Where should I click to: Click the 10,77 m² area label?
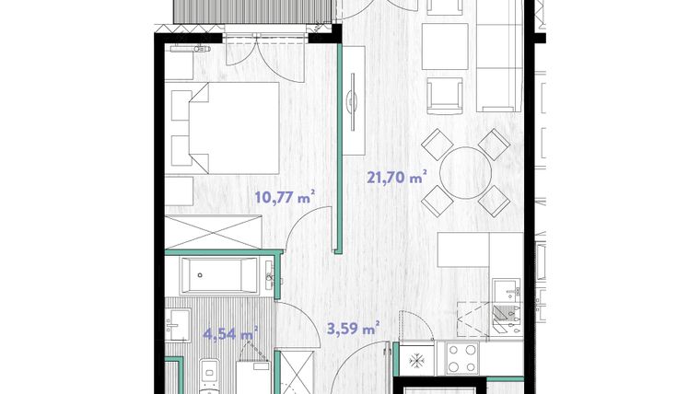tap(286, 197)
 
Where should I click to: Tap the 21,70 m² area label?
tap(396, 177)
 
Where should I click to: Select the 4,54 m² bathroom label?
tap(230, 333)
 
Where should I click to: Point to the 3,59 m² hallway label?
tap(354, 329)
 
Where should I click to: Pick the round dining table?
tap(466, 173)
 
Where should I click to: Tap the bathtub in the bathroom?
tap(219, 275)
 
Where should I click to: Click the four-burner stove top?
tap(461, 358)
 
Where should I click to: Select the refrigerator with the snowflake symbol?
tap(416, 359)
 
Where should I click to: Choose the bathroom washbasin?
tap(178, 325)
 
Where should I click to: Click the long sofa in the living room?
tap(499, 56)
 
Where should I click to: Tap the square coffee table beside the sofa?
tap(445, 46)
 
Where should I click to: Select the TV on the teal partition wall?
tap(353, 102)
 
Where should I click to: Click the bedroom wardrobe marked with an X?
tap(214, 232)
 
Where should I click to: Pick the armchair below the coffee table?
tap(445, 96)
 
